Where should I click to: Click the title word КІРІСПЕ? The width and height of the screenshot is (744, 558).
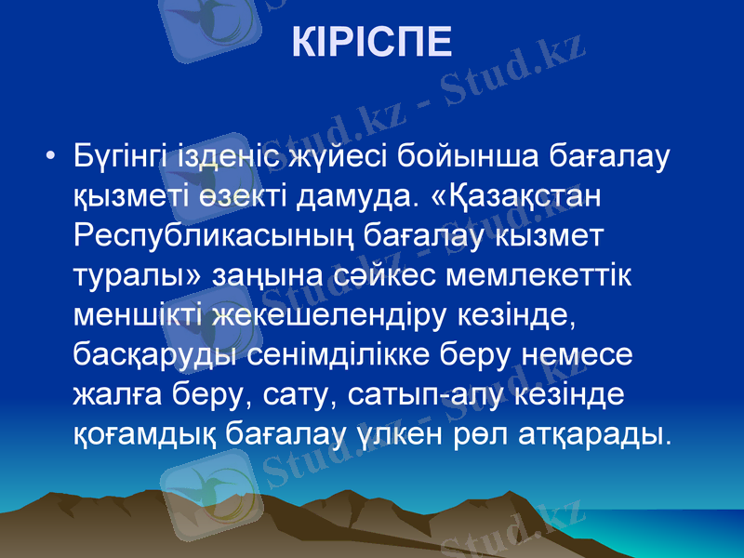372,42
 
